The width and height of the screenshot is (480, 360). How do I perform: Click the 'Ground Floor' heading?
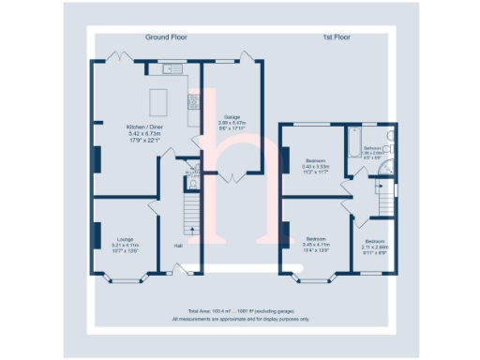pos(165,37)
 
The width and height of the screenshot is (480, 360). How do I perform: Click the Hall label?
pos(177,247)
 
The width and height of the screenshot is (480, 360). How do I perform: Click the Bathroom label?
pos(372,150)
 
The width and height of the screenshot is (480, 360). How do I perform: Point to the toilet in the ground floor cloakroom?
pos(191,171)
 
